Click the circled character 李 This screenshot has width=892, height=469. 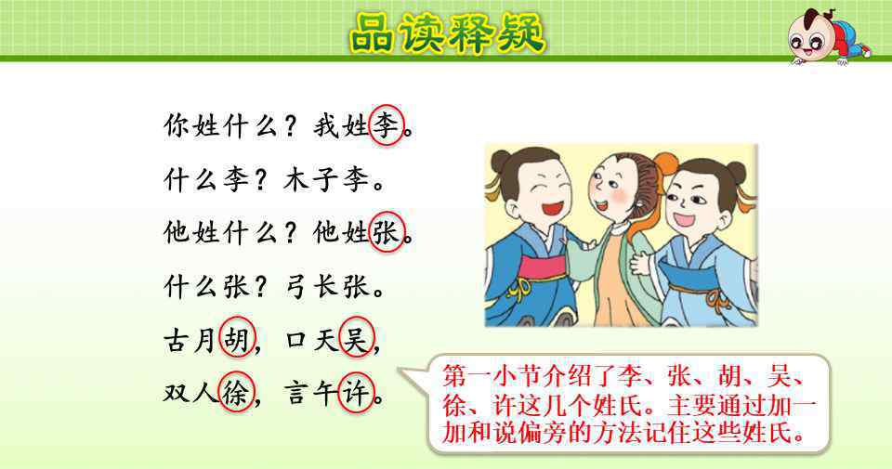point(387,125)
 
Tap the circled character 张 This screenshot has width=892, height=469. point(387,232)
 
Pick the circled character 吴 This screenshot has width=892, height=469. point(356,337)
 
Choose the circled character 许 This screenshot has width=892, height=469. point(356,392)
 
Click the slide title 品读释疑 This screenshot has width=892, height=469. point(447,33)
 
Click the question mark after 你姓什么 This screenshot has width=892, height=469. point(291,126)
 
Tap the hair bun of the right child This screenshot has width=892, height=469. point(736,172)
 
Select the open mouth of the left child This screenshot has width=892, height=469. point(551,207)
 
